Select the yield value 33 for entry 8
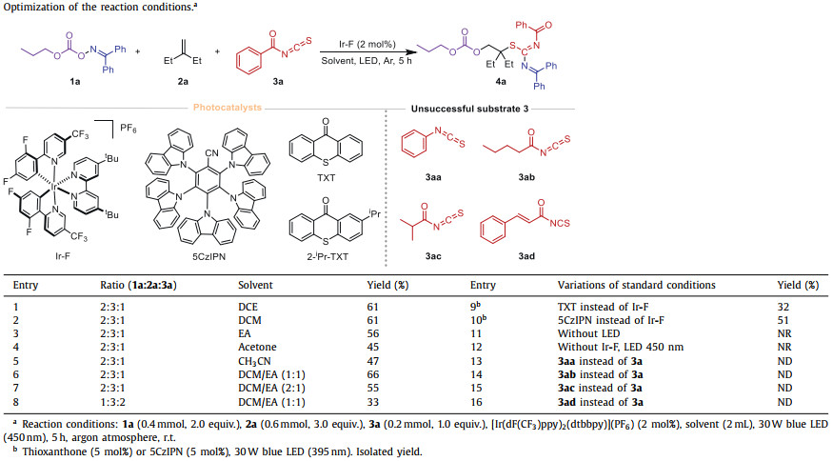click(372, 403)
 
